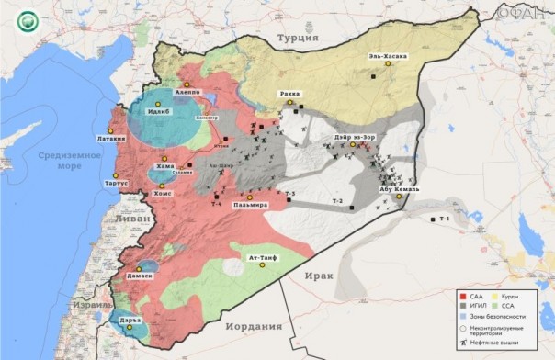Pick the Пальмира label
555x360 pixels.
250,205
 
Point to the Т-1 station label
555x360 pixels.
445,219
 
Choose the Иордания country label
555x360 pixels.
251,325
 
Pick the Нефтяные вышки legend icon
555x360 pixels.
462,340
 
